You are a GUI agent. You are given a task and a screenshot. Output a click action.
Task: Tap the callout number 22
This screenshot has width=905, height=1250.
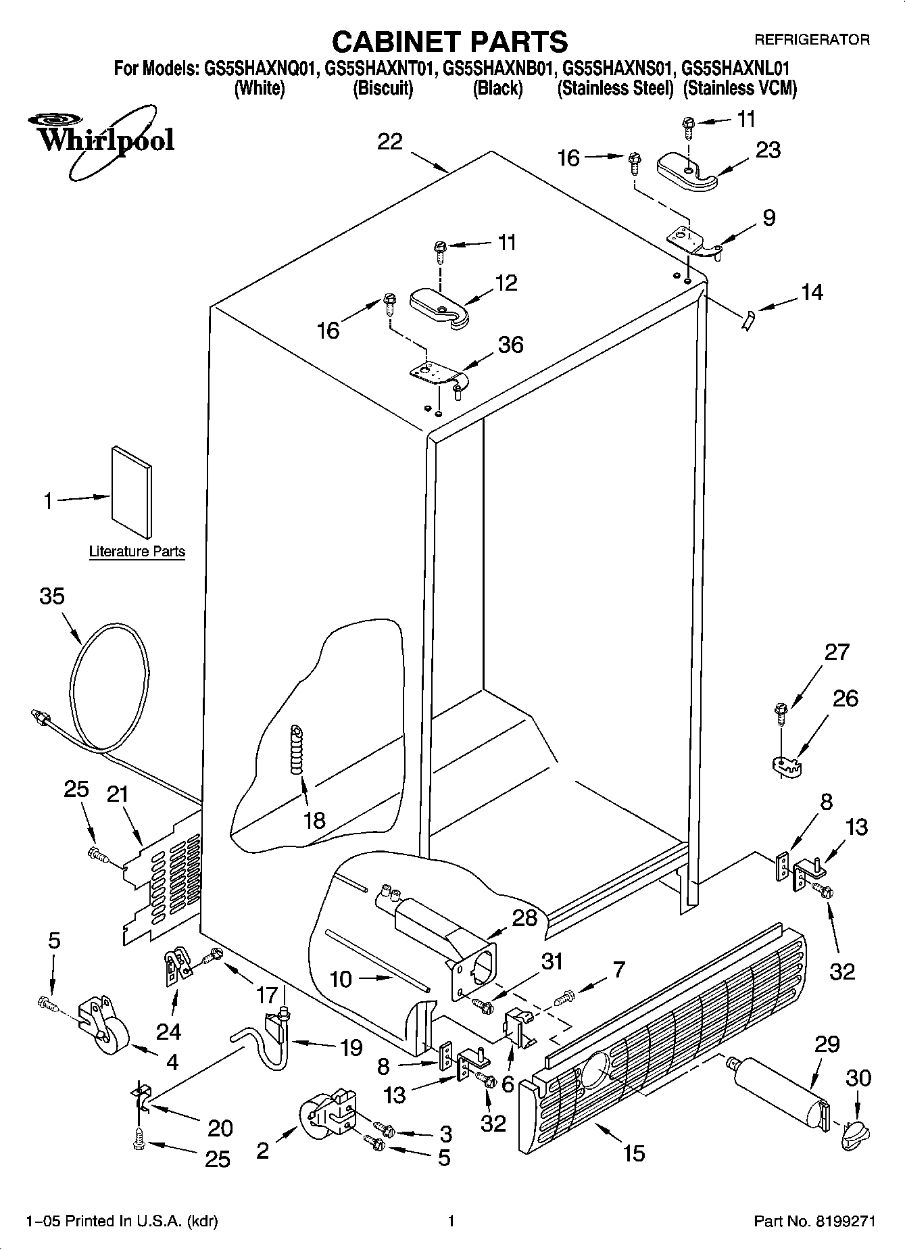(x=390, y=142)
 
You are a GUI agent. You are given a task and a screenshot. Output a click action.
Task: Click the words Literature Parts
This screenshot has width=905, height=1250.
(x=137, y=552)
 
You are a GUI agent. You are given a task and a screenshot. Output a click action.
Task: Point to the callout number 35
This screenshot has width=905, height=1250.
(x=52, y=596)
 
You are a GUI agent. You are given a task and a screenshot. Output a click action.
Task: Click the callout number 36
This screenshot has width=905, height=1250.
(x=510, y=345)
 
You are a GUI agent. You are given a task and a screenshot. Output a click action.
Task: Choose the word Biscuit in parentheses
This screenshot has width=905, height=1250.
(x=383, y=89)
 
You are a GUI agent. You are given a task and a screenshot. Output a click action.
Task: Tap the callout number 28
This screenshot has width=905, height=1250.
(x=524, y=917)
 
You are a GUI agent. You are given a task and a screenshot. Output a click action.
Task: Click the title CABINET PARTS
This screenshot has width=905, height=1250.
(x=450, y=42)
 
